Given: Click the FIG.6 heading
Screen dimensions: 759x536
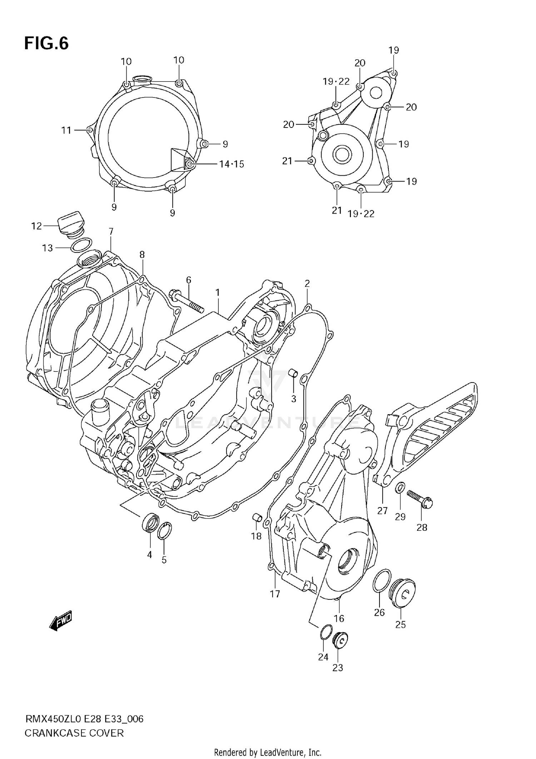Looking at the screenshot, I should (46, 44).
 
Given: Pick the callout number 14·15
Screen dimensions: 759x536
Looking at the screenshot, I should (232, 164).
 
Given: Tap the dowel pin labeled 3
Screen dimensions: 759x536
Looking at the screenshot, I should (293, 373).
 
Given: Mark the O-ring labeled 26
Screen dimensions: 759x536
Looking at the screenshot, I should (381, 581).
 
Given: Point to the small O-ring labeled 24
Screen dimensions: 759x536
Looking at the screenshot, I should (326, 632).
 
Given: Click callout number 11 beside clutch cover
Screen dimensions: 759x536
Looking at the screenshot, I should (66, 130).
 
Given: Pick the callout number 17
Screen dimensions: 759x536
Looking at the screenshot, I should (275, 594).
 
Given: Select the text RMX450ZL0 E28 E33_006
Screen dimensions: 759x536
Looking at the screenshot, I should (84, 719).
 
